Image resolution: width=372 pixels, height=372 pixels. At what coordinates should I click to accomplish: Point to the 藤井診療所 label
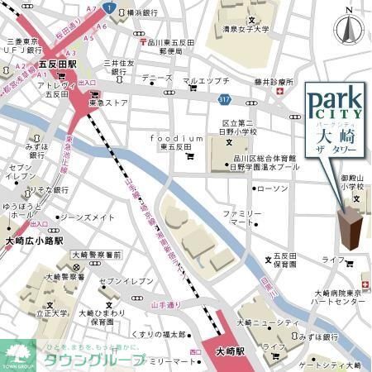(x=274, y=82)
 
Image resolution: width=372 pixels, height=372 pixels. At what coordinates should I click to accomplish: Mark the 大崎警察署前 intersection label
(x=97, y=255)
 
